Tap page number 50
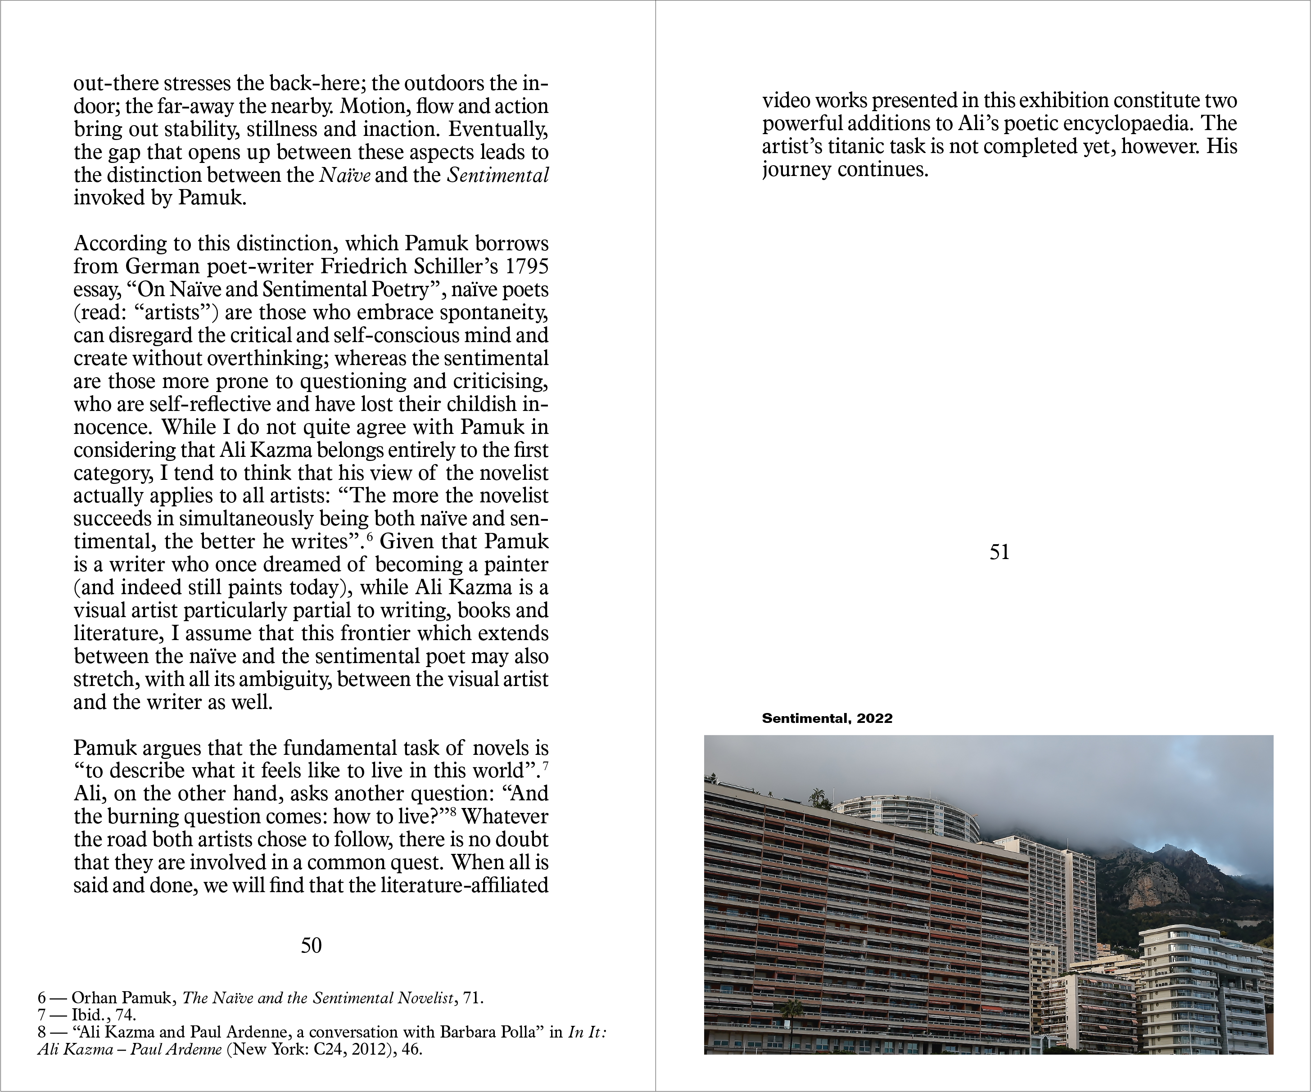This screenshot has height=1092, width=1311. pos(311,945)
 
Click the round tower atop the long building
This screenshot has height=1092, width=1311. pos(909,816)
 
